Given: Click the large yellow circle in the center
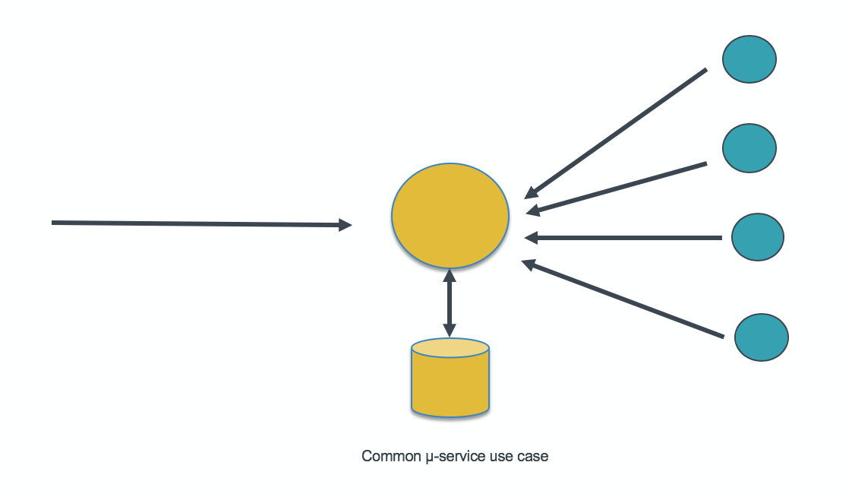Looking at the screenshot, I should (x=450, y=215).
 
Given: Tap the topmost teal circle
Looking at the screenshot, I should (x=749, y=59).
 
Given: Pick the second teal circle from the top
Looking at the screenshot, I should (x=749, y=148).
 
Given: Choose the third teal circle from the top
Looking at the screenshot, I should (x=757, y=237).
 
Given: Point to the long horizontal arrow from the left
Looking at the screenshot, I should (x=197, y=223).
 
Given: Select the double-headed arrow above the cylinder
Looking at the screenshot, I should (x=450, y=303).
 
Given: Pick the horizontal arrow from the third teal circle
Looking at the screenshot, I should (x=623, y=238).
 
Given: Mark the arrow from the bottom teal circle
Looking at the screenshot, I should (x=623, y=299).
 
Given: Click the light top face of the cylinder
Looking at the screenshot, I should (x=450, y=348).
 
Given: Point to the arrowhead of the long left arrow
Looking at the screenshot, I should (x=346, y=225).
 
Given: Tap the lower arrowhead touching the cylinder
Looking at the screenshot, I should (x=450, y=330).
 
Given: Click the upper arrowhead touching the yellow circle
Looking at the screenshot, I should (x=450, y=275).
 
